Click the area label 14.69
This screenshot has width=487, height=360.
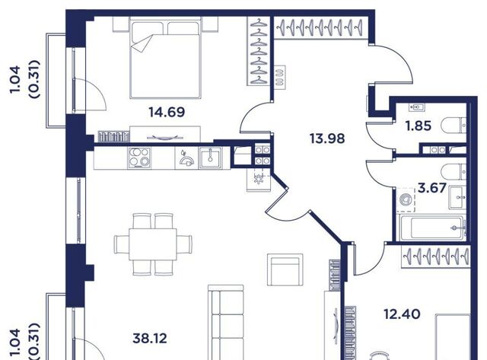coord(167,112)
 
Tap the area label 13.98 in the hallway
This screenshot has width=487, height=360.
coord(327,139)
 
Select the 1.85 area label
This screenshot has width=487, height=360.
coord(419,126)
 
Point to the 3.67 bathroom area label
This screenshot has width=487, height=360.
coord(432,188)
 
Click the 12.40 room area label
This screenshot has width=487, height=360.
coord(403,314)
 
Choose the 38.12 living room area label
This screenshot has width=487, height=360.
coord(150,338)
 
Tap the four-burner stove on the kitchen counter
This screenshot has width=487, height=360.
coord(139,158)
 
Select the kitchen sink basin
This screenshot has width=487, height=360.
coord(210,158)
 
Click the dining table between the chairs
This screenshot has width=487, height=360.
coord(153,244)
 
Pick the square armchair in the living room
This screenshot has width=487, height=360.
coord(285,269)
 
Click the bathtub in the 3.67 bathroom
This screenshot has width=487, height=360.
coord(433,228)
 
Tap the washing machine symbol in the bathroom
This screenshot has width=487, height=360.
coord(406,199)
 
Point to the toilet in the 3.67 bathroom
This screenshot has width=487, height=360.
coord(454,172)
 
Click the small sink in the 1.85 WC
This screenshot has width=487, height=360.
coord(416,107)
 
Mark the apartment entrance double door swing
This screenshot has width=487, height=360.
coord(392,64)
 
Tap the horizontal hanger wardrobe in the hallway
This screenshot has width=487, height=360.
coord(320,28)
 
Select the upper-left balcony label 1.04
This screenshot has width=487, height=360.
coord(15,79)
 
